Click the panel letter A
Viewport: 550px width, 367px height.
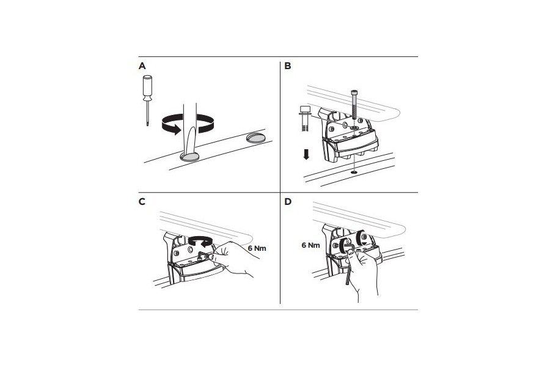(142, 66)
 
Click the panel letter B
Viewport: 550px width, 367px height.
(288, 66)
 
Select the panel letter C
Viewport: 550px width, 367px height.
(142, 202)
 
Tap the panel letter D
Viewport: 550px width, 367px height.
(288, 202)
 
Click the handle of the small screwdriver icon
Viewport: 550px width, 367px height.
(147, 87)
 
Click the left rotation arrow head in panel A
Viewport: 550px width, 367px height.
(176, 130)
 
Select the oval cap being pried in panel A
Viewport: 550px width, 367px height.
(189, 157)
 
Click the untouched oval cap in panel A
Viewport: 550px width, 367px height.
(256, 138)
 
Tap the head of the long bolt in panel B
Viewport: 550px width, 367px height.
(354, 94)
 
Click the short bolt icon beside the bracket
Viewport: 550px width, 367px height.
(304, 118)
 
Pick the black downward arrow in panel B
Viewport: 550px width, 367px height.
(306, 154)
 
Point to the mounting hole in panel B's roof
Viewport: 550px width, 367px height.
(354, 172)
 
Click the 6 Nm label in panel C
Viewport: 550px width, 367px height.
(257, 248)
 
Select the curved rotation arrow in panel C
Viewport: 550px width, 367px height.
(200, 241)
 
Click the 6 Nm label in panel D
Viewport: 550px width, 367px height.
(311, 245)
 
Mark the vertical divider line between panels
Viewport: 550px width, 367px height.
(280, 183)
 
